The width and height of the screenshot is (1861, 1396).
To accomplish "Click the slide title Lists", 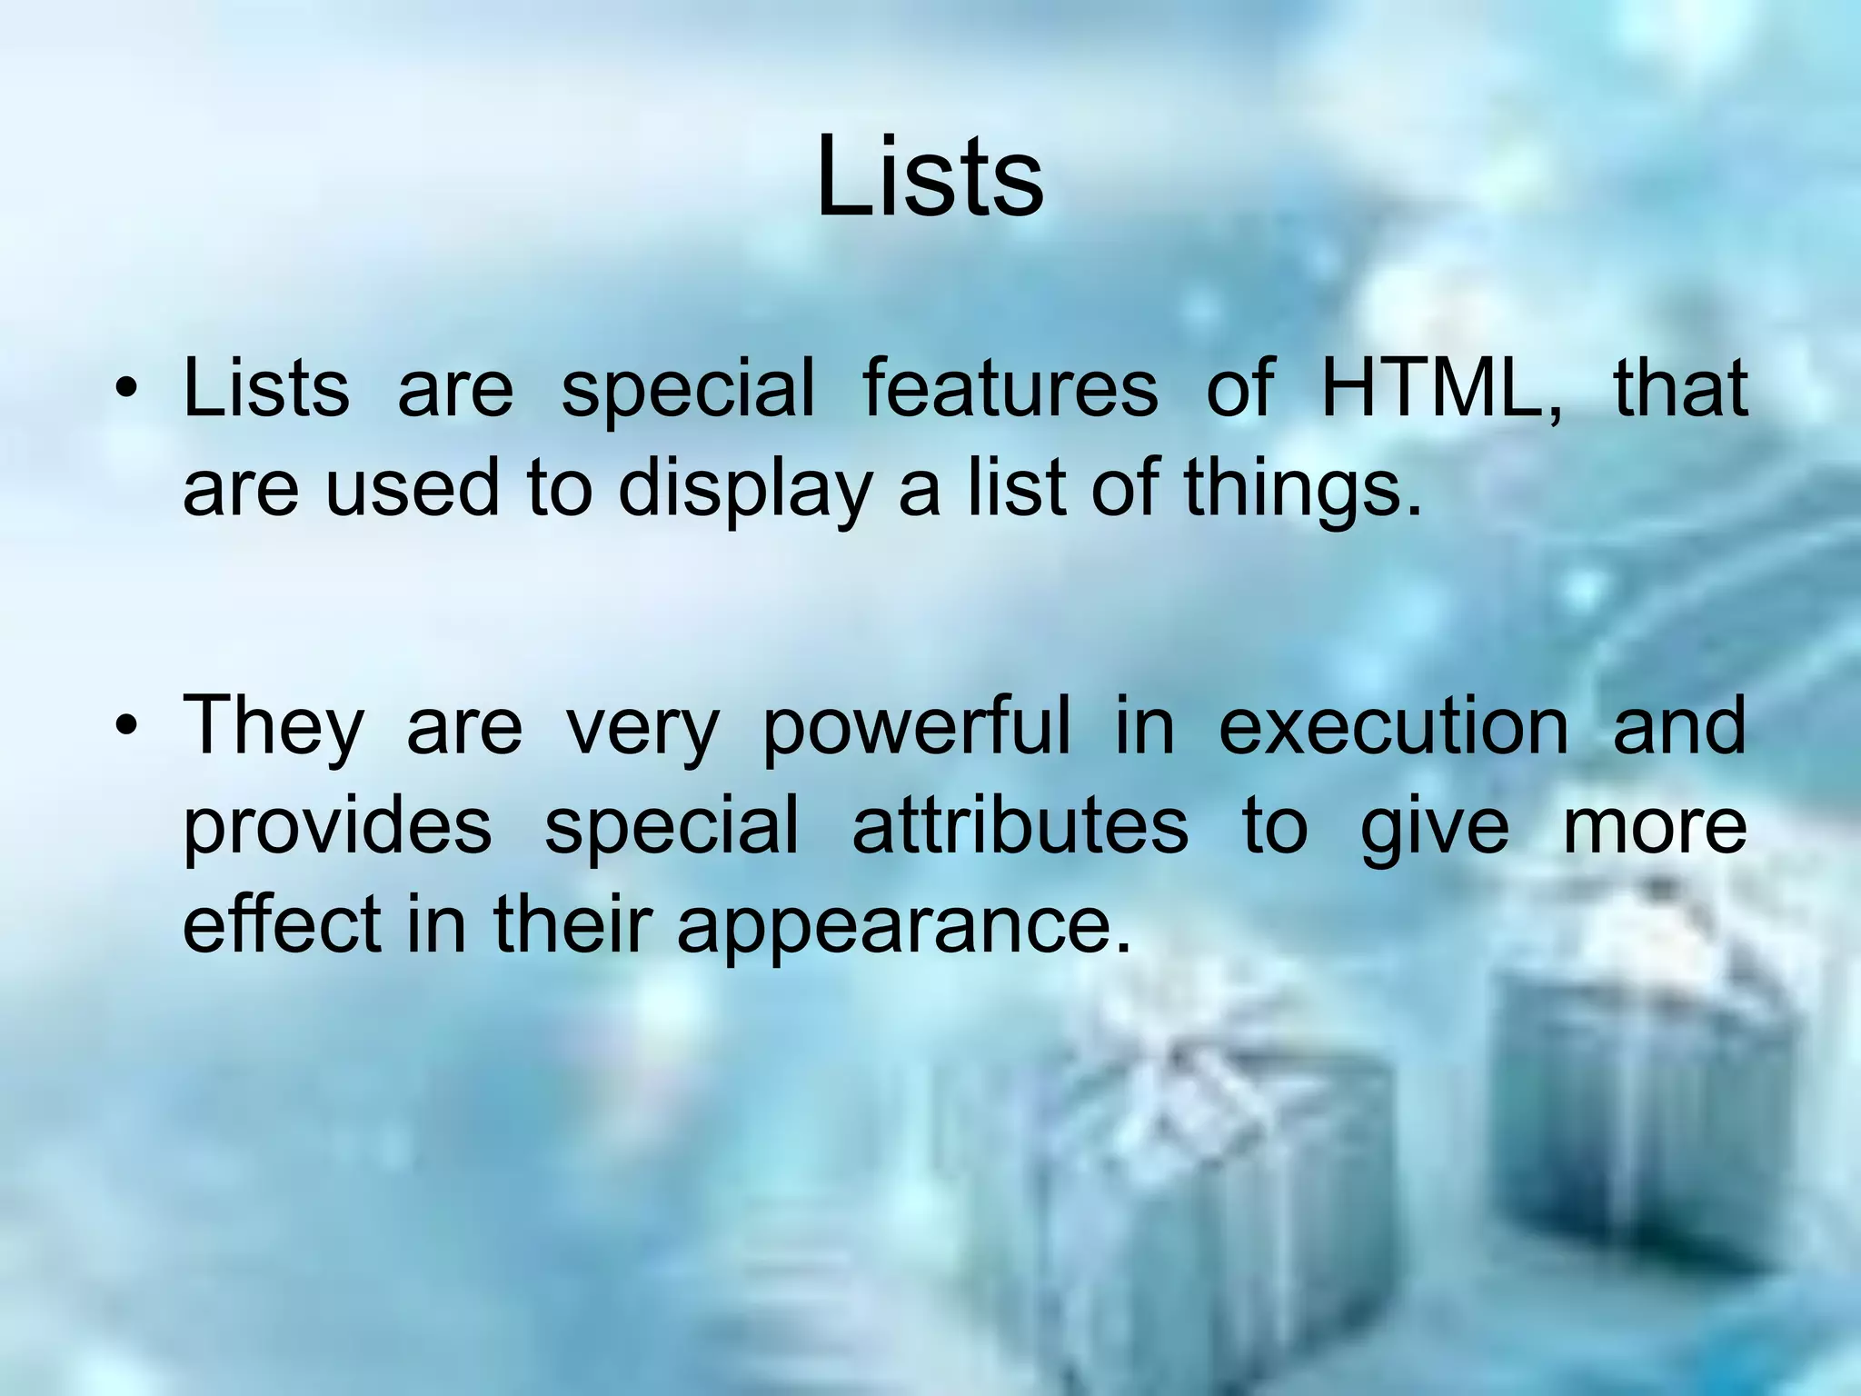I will (x=930, y=177).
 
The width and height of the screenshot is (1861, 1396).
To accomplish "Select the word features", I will (x=1010, y=389).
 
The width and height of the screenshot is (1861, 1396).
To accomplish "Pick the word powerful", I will (x=916, y=727).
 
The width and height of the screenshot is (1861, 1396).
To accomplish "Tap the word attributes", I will (x=1020, y=825).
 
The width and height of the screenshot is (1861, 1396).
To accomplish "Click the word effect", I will (x=282, y=925).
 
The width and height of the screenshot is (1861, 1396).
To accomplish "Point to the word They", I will (x=273, y=727).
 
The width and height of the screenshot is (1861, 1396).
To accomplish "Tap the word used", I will (x=412, y=489).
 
